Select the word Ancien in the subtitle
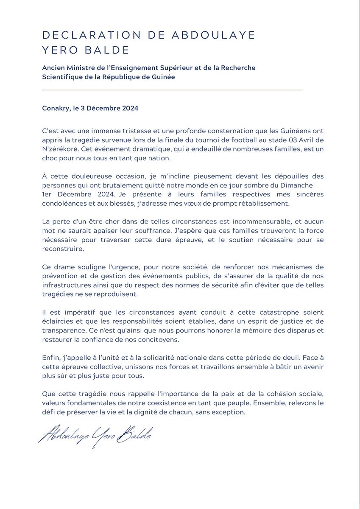pos(53,68)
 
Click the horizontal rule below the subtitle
pos(172,90)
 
